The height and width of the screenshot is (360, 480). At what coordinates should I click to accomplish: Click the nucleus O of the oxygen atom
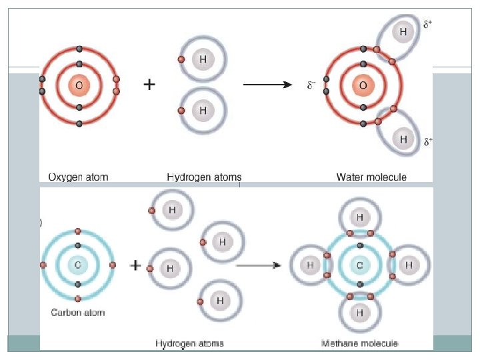pos(79,85)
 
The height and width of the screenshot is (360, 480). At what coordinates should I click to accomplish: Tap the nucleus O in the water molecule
pos(363,85)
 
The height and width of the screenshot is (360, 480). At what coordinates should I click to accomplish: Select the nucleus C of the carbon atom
pos(78,265)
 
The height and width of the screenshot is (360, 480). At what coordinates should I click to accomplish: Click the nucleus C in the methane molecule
pos(359,265)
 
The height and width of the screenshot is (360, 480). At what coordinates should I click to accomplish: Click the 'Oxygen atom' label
pos(78,177)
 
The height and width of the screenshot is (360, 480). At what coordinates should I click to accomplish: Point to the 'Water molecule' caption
pos(371,177)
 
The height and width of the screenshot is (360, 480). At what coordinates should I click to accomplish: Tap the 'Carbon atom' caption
pos(78,312)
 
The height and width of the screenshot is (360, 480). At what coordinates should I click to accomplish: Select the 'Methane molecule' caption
pos(360,343)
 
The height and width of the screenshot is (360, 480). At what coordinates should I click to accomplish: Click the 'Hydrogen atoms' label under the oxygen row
pos(204,177)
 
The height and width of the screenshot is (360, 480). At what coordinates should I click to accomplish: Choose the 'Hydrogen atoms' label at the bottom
pos(190,343)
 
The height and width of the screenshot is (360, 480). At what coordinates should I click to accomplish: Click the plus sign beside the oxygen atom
pos(150,85)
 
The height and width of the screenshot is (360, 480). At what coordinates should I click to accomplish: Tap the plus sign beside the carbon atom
pos(135,265)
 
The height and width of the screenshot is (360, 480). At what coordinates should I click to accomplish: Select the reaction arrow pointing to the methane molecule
pos(259,265)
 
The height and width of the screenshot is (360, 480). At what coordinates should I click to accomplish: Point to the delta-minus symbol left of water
pos(311,85)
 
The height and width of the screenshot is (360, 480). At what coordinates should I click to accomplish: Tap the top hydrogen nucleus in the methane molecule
pos(359,217)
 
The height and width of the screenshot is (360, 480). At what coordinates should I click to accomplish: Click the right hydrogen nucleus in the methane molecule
pos(408,265)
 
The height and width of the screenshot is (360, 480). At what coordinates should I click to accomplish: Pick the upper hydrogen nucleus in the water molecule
pos(403,31)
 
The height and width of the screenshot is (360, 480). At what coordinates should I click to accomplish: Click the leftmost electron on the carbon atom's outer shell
pos(43,265)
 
